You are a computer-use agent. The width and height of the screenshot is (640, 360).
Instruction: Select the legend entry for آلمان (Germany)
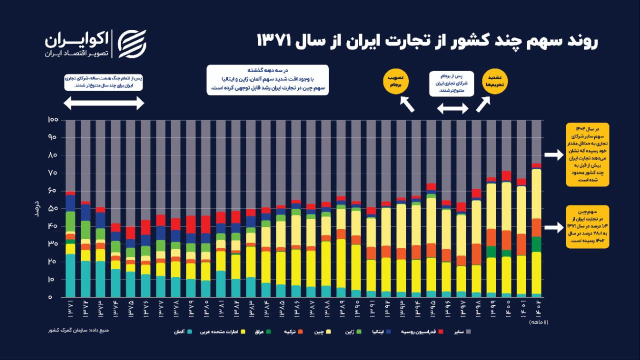182,331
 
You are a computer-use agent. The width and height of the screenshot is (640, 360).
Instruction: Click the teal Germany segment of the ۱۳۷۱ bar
70,275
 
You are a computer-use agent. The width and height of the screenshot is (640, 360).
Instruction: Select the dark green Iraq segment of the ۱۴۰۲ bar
536,244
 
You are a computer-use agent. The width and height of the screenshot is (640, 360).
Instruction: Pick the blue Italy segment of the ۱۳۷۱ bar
70,203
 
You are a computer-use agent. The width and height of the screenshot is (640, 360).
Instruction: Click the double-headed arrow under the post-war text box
104,103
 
